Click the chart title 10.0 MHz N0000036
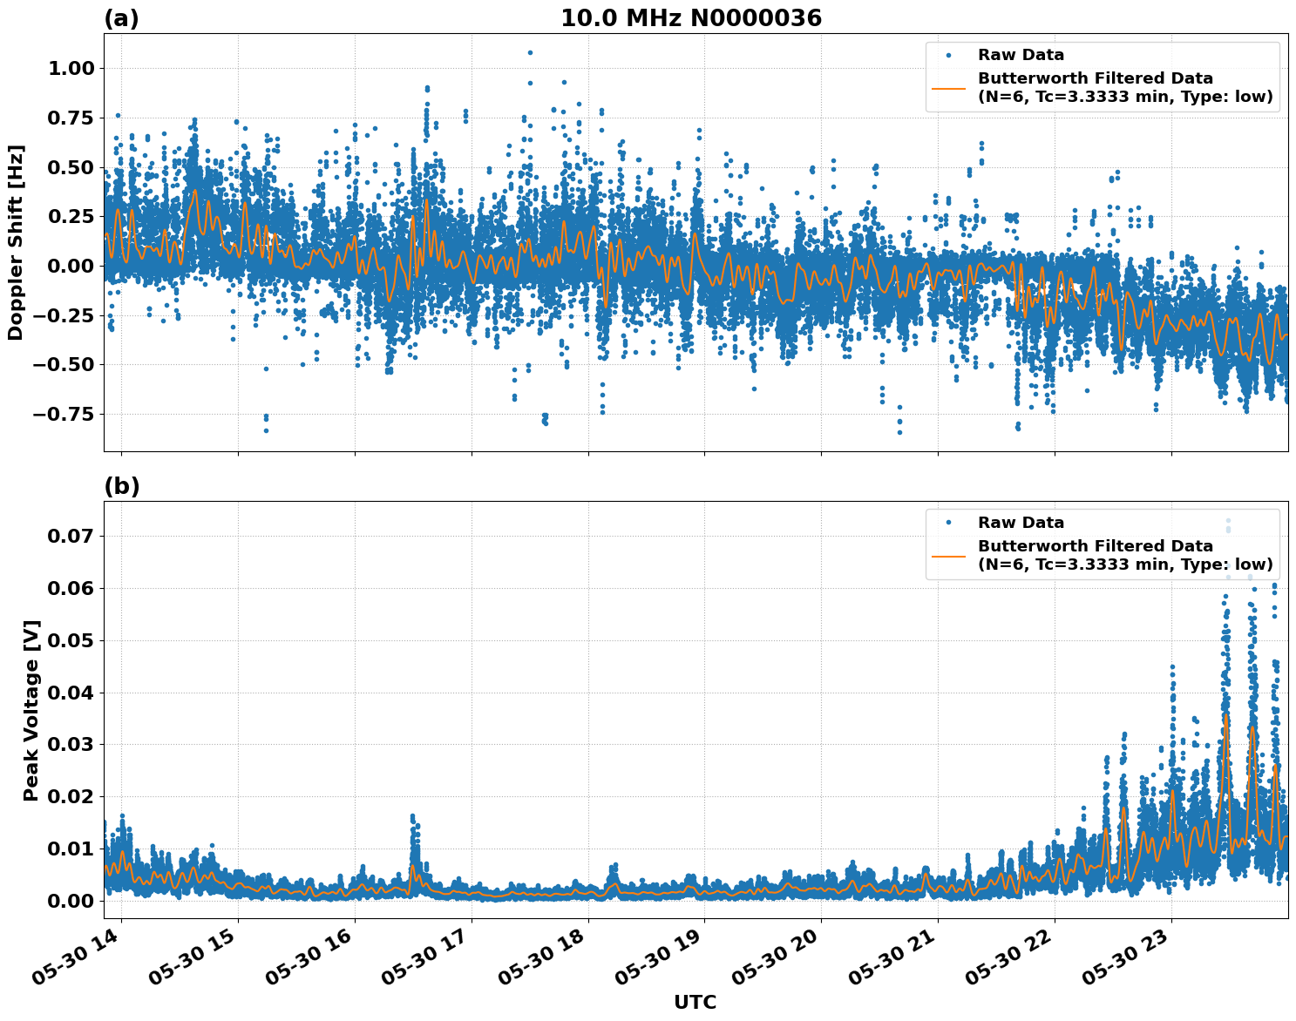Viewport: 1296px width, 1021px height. click(x=690, y=18)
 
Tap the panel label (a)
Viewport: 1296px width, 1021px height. click(x=121, y=18)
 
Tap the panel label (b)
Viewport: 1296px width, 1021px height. click(x=121, y=486)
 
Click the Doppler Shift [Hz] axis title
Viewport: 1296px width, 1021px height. click(x=16, y=242)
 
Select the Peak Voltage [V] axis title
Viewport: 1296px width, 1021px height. click(x=31, y=710)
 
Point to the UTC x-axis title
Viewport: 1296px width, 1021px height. click(x=695, y=1002)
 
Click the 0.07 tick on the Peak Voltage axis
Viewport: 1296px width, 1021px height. click(x=70, y=537)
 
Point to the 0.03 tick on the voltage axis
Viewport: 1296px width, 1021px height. click(x=70, y=745)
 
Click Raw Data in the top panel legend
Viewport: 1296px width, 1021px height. click(x=1021, y=55)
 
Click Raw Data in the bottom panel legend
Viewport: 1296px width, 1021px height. click(x=1021, y=523)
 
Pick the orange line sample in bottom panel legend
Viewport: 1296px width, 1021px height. click(x=948, y=555)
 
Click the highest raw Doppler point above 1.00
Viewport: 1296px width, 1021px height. click(x=530, y=52)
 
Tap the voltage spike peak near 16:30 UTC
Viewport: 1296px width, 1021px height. click(x=412, y=817)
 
